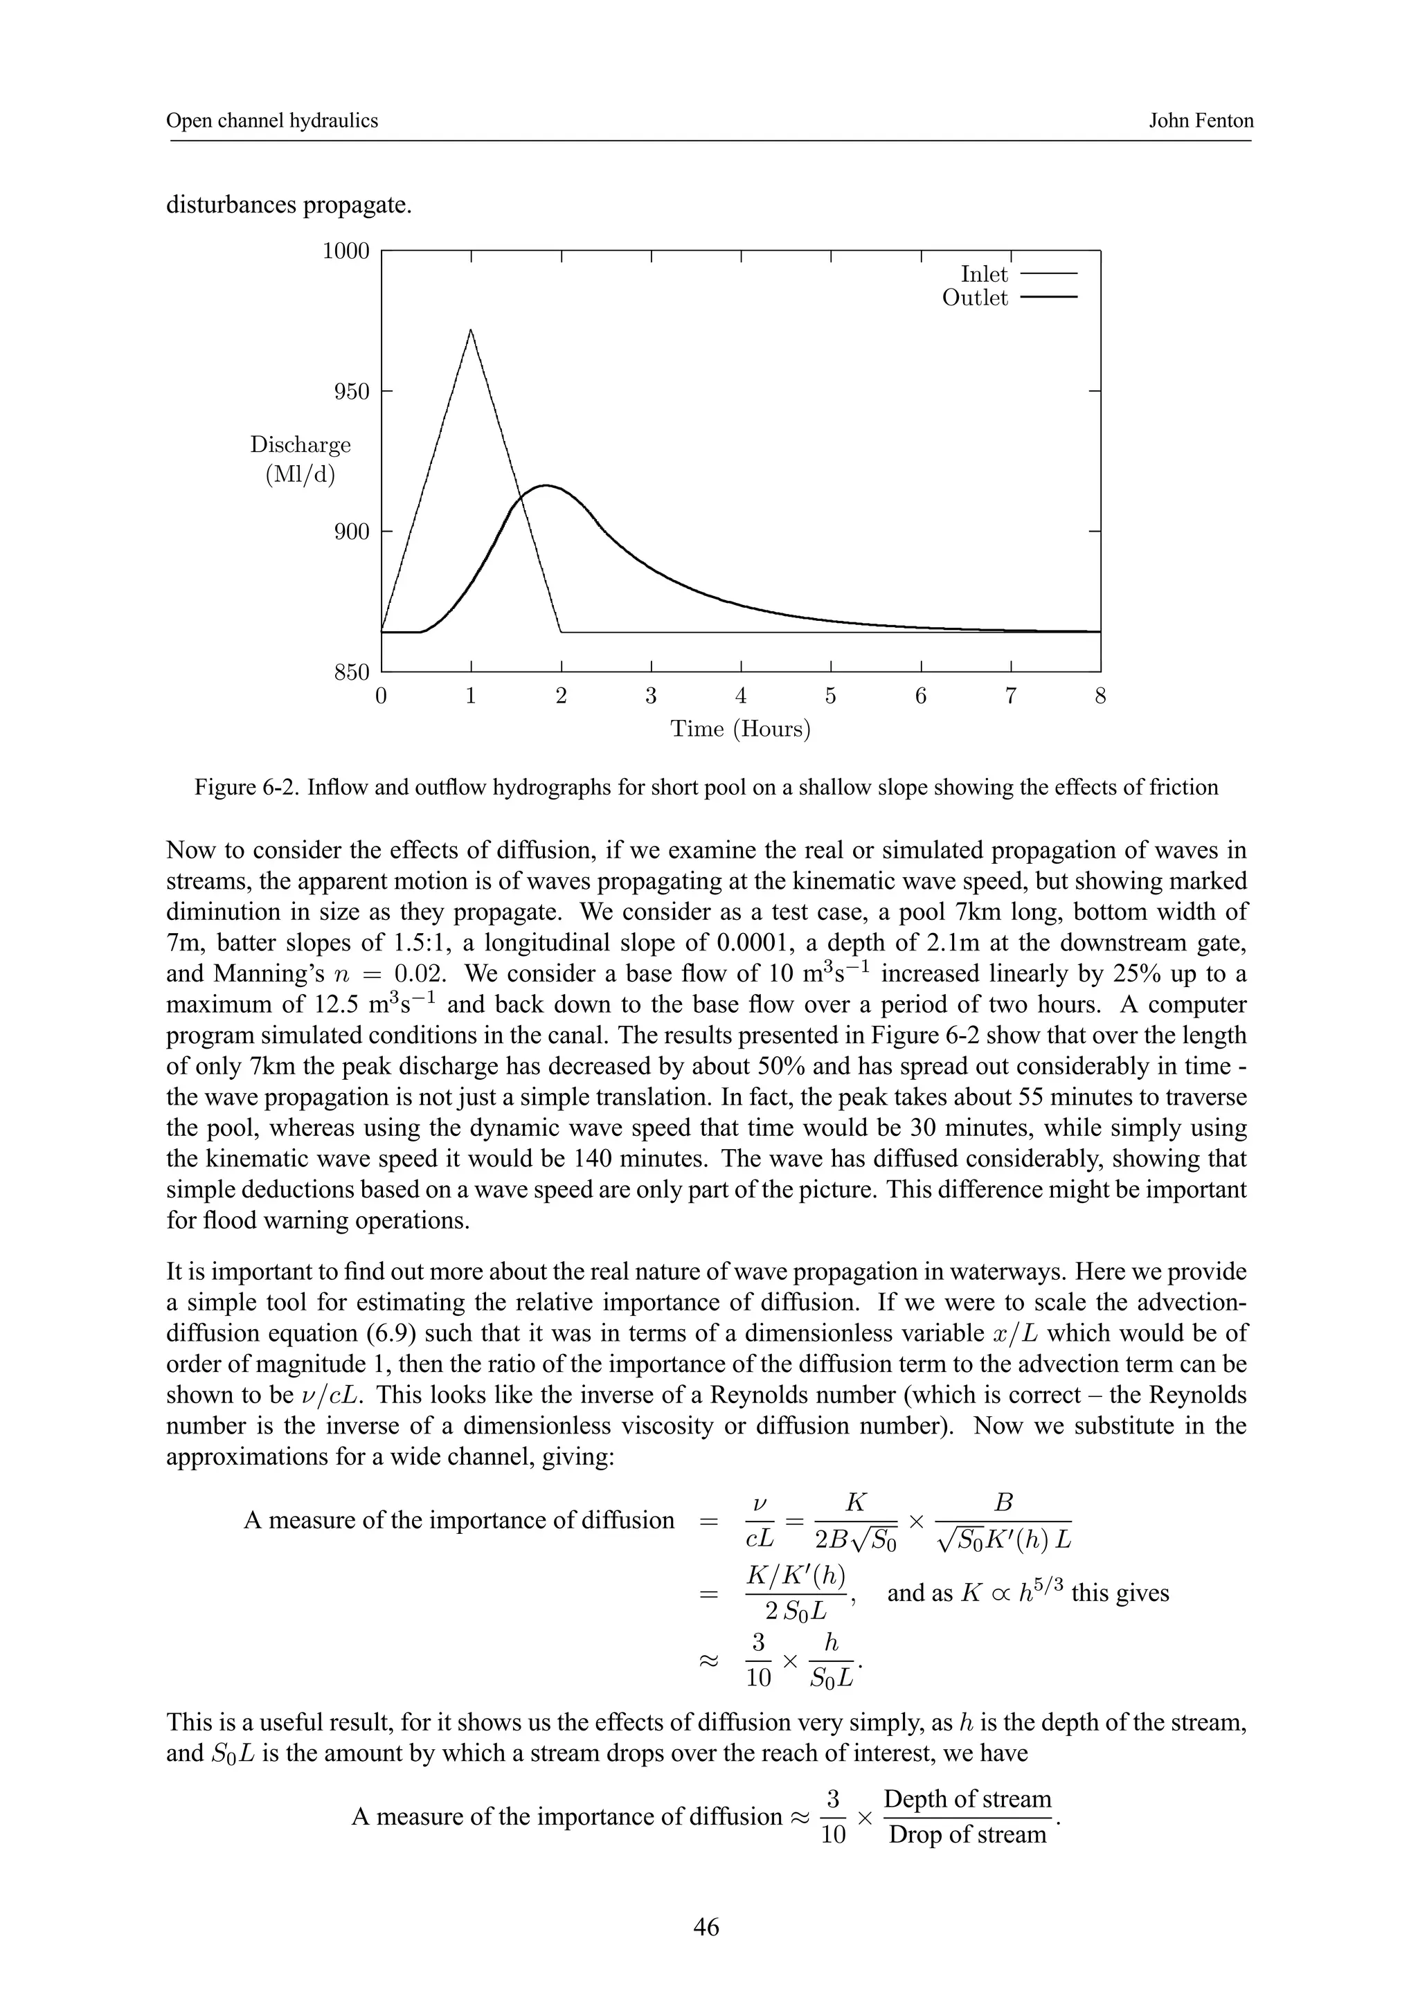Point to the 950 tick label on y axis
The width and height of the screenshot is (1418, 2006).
click(352, 391)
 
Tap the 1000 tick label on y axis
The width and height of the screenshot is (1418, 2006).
click(346, 252)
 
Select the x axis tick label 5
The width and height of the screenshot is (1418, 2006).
click(830, 696)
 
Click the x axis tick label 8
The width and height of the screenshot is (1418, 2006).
click(1100, 696)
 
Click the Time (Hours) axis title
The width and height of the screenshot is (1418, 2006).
click(740, 729)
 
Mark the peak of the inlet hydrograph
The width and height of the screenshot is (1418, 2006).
click(471, 330)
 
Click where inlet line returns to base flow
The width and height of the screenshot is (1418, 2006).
click(562, 631)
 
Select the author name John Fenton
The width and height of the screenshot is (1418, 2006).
click(1201, 120)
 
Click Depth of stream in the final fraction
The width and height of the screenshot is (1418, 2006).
click(967, 1799)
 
